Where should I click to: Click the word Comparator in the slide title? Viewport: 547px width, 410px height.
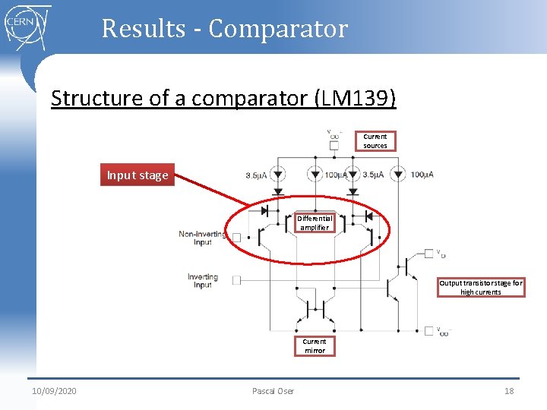(x=278, y=29)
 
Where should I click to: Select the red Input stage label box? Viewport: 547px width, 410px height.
(x=137, y=175)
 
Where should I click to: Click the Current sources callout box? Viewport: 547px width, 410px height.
(x=375, y=141)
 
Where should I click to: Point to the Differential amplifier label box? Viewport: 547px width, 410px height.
(x=315, y=222)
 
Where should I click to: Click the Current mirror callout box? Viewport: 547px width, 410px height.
(x=315, y=346)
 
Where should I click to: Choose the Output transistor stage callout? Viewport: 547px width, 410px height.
(x=480, y=287)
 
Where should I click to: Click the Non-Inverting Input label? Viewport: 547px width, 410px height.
(x=202, y=238)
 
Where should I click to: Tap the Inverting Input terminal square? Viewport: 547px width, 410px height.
(x=236, y=280)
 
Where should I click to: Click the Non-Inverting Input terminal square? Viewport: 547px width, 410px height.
(x=236, y=238)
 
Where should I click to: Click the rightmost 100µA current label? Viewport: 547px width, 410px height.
(x=422, y=175)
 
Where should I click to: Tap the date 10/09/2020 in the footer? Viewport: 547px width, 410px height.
(x=54, y=391)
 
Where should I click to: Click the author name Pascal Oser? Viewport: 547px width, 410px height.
(x=273, y=391)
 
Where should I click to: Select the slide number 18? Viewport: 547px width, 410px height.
(x=509, y=391)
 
